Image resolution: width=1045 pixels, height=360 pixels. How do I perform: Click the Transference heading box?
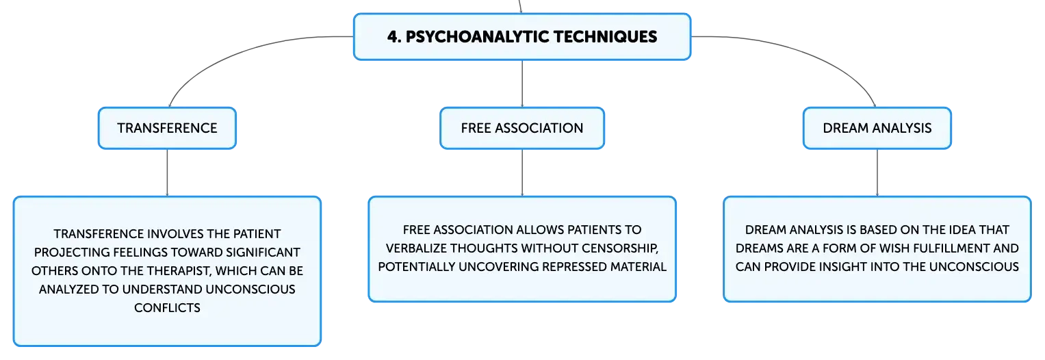pos(167,128)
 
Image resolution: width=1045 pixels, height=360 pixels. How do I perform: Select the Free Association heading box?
pos(522,128)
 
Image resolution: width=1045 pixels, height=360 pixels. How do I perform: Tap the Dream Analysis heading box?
pos(877,128)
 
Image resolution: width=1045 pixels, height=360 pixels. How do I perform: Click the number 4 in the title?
pos(394,37)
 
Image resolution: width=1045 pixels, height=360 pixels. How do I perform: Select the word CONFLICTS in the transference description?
pos(167,308)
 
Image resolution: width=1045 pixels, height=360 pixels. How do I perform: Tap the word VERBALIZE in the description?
pos(416,248)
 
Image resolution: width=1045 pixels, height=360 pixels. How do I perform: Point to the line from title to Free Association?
pos(522,84)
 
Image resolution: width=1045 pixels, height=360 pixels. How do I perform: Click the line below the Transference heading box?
pos(167,173)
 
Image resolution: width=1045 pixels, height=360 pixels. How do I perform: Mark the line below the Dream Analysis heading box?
pos(877,173)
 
